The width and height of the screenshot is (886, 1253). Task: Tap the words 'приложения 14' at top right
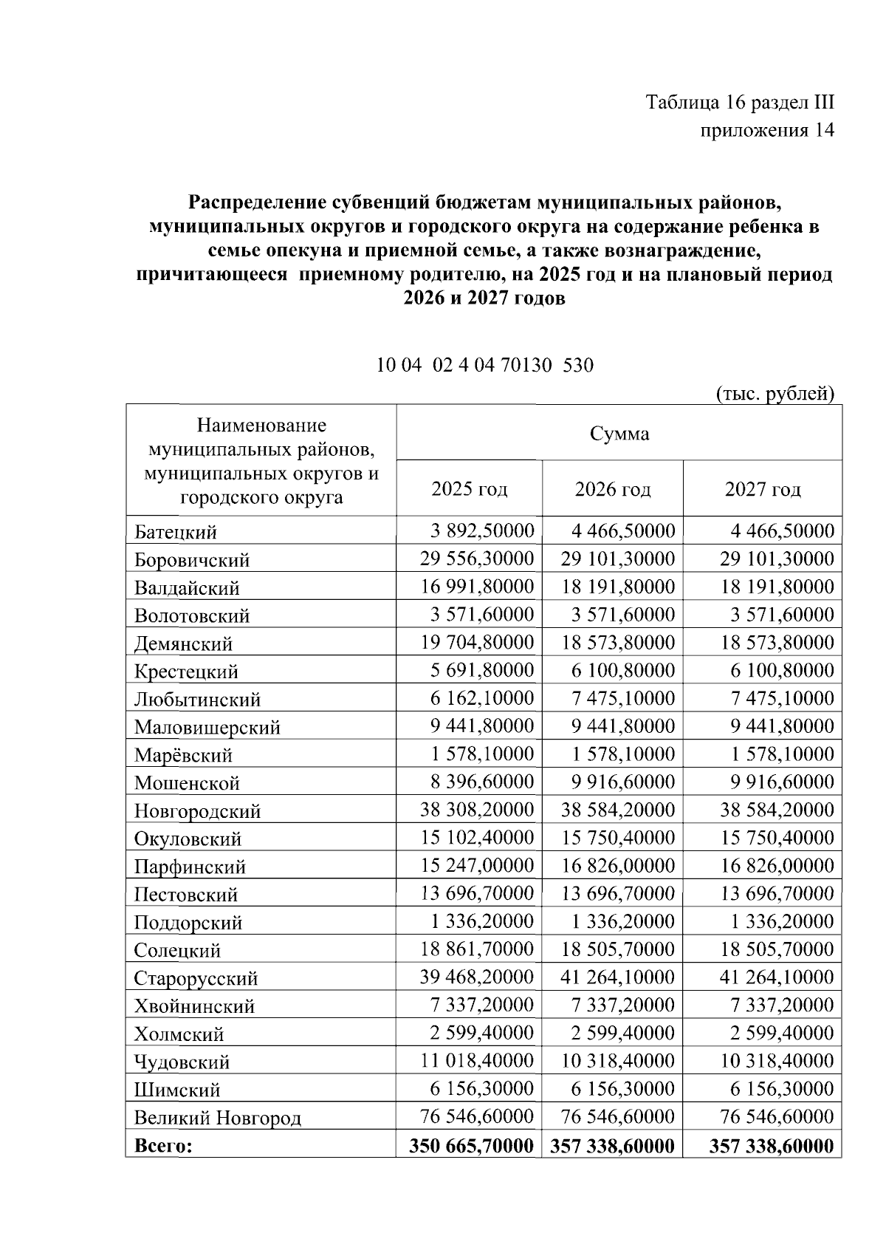767,131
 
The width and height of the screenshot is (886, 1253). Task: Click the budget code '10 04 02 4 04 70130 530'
485,365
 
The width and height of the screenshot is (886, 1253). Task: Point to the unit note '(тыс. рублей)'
775,393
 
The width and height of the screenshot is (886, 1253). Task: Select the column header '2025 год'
470,489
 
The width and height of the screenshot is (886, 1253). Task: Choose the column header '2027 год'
763,489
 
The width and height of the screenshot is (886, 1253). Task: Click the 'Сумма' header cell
619,434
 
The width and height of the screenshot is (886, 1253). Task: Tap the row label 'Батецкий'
175,532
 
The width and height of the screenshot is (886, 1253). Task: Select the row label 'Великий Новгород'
218,1118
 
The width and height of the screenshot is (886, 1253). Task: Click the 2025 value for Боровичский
477,559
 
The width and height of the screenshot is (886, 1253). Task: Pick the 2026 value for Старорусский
618,977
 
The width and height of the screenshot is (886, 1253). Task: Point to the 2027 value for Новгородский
777,810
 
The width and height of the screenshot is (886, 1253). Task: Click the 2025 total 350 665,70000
471,1146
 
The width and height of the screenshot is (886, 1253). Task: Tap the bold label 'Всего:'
163,1146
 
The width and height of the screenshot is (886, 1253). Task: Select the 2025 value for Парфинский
477,866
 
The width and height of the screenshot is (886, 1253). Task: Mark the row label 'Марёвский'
183,755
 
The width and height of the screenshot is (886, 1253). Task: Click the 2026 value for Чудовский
618,1061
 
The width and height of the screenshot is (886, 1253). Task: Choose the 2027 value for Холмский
782,1034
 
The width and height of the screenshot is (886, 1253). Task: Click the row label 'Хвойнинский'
194,1006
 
